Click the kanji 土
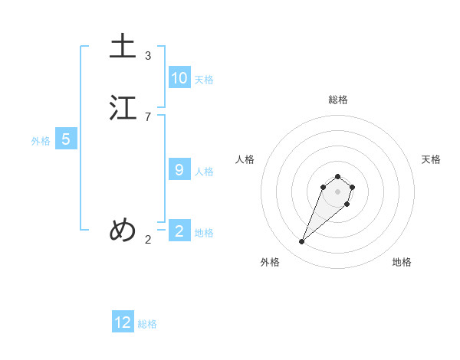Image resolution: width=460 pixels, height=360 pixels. pyautogui.click(x=123, y=46)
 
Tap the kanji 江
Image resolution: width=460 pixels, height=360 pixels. pyautogui.click(x=123, y=108)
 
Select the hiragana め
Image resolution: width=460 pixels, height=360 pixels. pyautogui.click(x=123, y=229)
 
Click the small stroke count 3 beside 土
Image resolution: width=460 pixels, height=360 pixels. pyautogui.click(x=148, y=56)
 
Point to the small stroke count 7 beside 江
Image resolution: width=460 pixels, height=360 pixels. pyautogui.click(x=148, y=117)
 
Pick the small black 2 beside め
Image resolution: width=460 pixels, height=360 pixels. pyautogui.click(x=148, y=240)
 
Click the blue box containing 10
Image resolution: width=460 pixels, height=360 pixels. pyautogui.click(x=179, y=77)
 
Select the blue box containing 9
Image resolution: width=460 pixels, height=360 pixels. pyautogui.click(x=179, y=169)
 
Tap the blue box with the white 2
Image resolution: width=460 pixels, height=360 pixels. pyautogui.click(x=179, y=231)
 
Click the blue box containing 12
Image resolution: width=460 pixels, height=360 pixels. pyautogui.click(x=123, y=322)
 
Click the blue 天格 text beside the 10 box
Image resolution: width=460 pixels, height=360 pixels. pyautogui.click(x=204, y=80)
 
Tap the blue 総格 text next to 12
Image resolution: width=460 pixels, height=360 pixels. pyautogui.click(x=147, y=325)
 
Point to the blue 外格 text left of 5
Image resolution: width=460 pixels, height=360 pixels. pyautogui.click(x=41, y=141)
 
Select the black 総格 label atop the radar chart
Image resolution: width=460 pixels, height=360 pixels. pyautogui.click(x=338, y=100)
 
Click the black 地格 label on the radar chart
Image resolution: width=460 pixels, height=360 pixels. pyautogui.click(x=402, y=262)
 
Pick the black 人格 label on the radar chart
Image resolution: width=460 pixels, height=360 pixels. pyautogui.click(x=245, y=159)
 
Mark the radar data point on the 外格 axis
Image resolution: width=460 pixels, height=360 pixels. pyautogui.click(x=302, y=242)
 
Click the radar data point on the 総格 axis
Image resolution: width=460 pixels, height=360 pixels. pyautogui.click(x=338, y=175)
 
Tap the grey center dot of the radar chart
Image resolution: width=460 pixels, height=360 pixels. pyautogui.click(x=338, y=191)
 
